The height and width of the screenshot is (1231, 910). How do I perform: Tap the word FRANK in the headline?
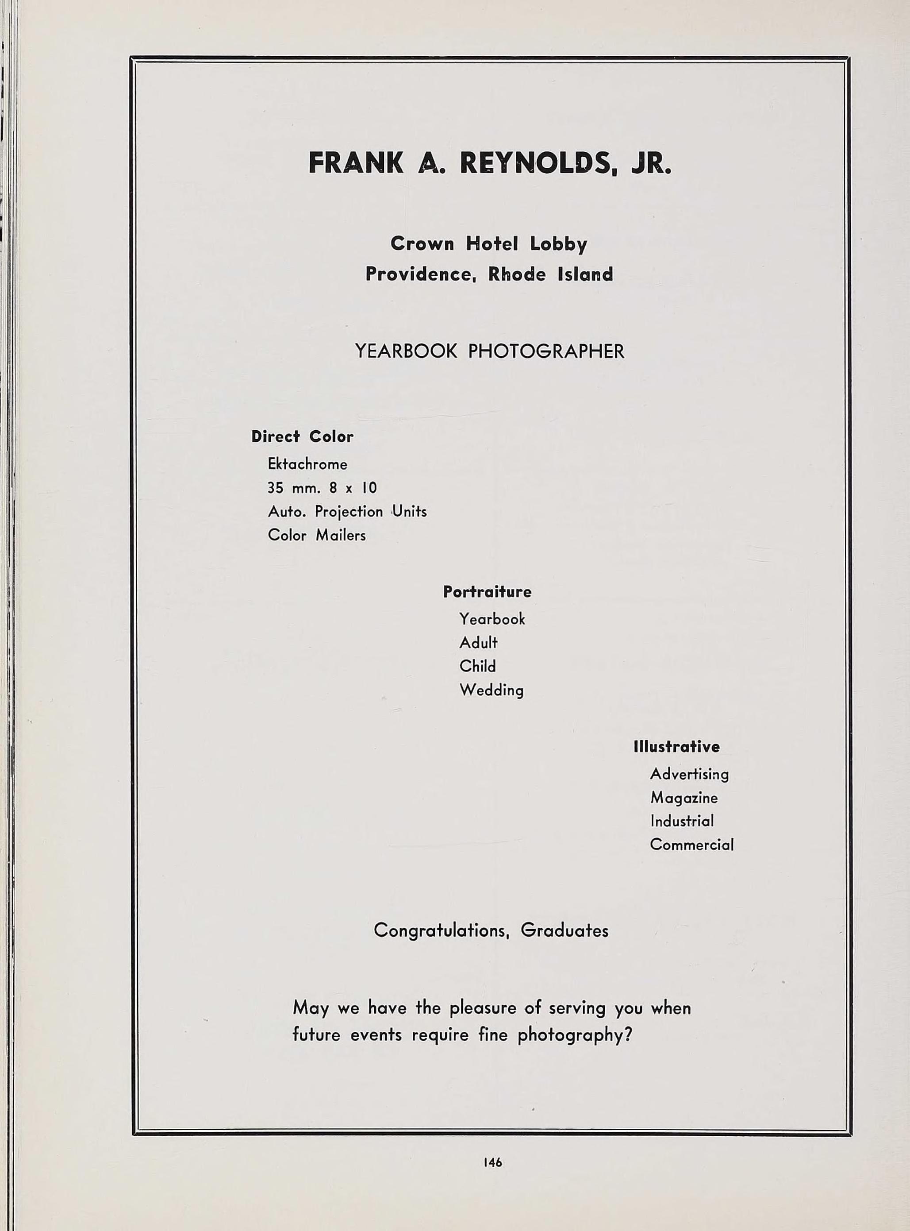pos(355,163)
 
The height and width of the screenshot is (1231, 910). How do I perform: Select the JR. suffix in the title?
pos(652,163)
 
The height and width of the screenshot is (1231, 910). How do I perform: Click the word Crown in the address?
pos(422,243)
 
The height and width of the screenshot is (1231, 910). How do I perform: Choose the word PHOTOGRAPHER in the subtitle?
pos(546,351)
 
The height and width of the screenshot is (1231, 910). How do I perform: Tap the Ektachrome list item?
pos(307,464)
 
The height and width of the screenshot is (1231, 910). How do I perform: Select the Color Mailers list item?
pos(317,535)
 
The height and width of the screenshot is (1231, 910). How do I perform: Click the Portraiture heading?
pos(487,592)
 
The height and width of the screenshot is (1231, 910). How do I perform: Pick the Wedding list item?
pos(491,690)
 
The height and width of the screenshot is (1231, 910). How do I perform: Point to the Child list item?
pos(478,666)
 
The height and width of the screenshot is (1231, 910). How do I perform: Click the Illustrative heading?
pos(676,747)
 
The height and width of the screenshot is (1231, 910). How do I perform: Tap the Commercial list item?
pos(691,845)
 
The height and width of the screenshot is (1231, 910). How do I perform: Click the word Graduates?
pos(564,931)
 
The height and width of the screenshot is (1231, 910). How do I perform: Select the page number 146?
pos(492,1162)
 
